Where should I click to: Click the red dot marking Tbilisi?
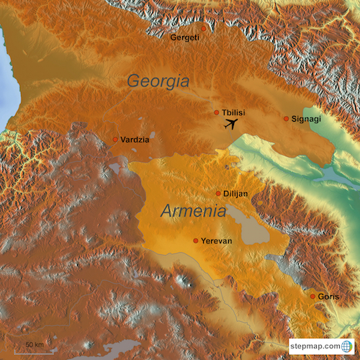coord(217,112)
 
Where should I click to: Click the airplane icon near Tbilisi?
coord(232,125)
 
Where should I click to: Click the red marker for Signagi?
coord(286,118)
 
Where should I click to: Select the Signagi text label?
coord(306,118)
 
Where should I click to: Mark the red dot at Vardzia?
coord(115,139)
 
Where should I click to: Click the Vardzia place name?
coord(135,139)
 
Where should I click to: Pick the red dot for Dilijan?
coord(219,194)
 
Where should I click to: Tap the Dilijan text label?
coord(236,194)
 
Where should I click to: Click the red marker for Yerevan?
coord(196,240)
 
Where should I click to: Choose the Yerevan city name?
coord(217,240)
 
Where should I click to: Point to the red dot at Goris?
coord(312,296)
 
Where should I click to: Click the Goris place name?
coord(328,296)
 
